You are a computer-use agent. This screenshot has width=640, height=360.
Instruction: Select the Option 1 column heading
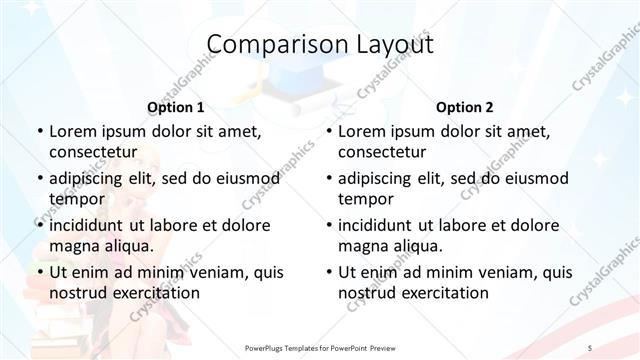click(175, 107)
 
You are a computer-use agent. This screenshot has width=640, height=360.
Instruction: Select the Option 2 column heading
click(465, 107)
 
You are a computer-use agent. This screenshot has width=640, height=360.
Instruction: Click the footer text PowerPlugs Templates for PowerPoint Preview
click(320, 347)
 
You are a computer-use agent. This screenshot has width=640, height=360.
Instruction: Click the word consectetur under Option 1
click(92, 152)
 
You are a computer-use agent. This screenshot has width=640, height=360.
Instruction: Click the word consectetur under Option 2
click(382, 152)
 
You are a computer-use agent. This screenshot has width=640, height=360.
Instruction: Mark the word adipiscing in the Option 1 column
click(92, 178)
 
